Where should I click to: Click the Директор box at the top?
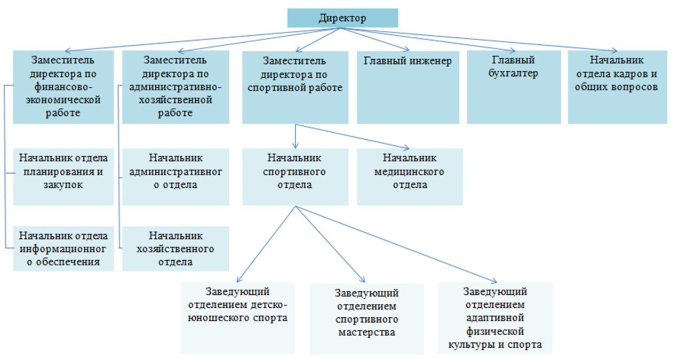342,18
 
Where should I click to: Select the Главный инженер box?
408,87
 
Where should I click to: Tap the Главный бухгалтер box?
514,87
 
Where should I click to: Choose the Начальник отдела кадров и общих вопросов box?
618,87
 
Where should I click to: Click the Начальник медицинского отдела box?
410,177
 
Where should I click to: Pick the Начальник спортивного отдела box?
295,177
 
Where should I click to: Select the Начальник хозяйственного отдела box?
176,249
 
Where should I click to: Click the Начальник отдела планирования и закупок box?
63,177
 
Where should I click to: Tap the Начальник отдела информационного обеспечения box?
63,249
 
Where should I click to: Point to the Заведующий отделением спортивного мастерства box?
366,318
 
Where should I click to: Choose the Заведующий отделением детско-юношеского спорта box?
237,318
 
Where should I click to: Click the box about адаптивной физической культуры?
495,318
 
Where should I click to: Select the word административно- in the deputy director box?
176,87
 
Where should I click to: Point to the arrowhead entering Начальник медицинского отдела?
407,148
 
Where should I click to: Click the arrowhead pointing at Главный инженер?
406,49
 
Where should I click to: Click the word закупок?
63,185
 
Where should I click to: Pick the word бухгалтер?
513,74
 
